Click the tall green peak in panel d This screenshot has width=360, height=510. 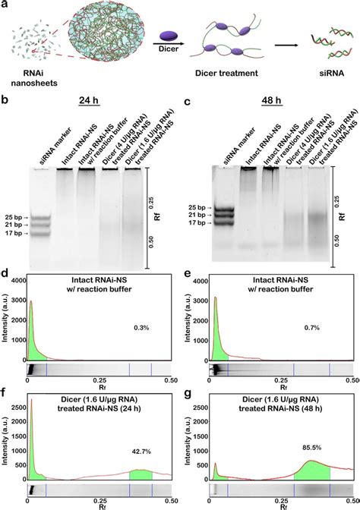31,334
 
